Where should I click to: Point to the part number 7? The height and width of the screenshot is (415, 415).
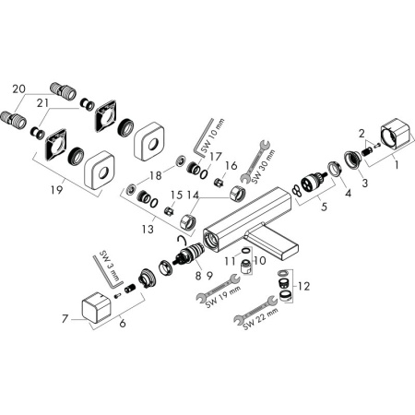(x=64, y=319)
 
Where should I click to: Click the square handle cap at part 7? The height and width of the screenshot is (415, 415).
(x=94, y=306)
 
